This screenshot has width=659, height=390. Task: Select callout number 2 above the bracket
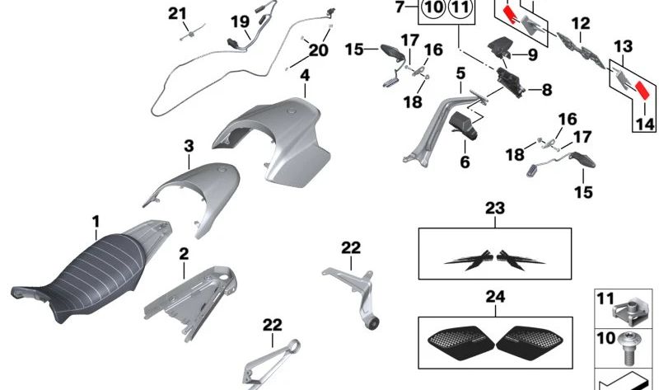[x=184, y=254]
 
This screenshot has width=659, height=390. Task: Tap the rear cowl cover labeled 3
[x=194, y=195]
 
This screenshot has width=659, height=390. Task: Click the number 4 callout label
[x=305, y=76]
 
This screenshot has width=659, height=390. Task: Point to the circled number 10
[x=433, y=7]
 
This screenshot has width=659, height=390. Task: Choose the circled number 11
[x=460, y=7]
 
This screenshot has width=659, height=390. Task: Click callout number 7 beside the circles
[x=400, y=7]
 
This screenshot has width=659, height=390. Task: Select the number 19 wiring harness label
[x=241, y=21]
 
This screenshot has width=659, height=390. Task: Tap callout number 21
[x=177, y=14]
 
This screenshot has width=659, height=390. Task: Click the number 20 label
[x=318, y=50]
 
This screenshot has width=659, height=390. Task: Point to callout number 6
[x=465, y=162]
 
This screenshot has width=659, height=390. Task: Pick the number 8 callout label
[x=547, y=90]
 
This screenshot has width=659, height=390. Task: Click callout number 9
[x=532, y=54]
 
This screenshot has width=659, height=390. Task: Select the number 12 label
[x=581, y=24]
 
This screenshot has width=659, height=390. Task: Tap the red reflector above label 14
[x=643, y=90]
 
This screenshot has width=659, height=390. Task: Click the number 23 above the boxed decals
[x=495, y=209]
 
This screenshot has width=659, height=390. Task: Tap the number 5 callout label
[x=460, y=73]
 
